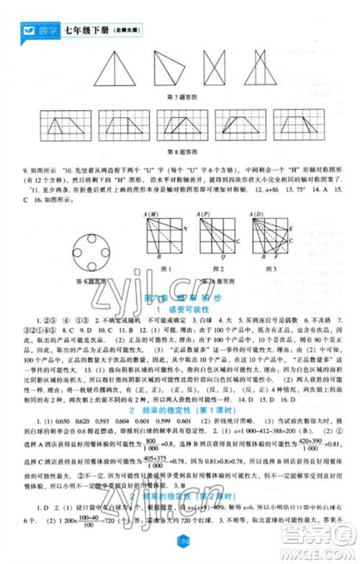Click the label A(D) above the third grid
(256, 214)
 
